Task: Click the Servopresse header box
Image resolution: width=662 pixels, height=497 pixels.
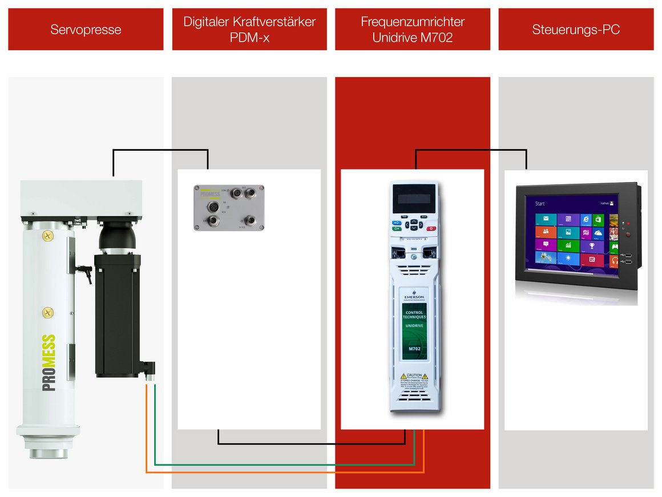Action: click(x=86, y=29)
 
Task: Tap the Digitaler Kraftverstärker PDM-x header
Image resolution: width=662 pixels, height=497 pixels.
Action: click(x=249, y=29)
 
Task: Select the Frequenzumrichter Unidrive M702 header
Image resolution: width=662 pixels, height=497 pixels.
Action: click(x=413, y=29)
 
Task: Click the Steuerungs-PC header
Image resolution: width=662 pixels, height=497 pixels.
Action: click(x=576, y=29)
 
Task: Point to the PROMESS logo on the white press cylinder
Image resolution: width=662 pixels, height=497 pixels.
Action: click(x=49, y=363)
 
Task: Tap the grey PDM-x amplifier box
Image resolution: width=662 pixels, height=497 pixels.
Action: click(x=229, y=207)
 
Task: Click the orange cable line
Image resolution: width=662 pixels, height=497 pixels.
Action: click(x=285, y=472)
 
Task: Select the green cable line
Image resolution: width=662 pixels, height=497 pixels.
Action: click(x=285, y=464)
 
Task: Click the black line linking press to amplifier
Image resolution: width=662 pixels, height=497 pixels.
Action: click(x=160, y=150)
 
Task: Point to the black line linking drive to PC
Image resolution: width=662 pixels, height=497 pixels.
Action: click(x=471, y=151)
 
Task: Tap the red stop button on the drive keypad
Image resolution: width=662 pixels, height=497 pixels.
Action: click(x=431, y=228)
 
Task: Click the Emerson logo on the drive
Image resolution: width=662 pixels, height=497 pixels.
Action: click(x=414, y=297)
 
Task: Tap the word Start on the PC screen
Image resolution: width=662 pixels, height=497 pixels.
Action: click(x=540, y=203)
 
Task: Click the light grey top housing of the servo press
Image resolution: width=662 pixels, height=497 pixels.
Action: click(x=81, y=197)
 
